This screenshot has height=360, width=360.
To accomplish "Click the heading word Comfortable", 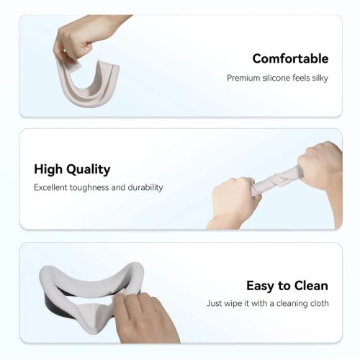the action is [x=290, y=58].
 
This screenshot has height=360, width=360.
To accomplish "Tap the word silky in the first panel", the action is [x=320, y=78].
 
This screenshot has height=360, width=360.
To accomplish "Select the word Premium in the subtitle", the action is [x=243, y=78].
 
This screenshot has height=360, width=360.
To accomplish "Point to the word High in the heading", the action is [x=48, y=169].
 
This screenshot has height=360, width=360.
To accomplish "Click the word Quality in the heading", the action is [x=89, y=169].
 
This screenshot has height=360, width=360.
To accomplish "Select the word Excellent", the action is [x=50, y=187].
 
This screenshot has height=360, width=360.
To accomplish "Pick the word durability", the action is [x=145, y=187].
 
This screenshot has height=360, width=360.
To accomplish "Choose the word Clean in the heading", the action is [x=311, y=286].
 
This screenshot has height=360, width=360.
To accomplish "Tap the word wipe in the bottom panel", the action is [x=233, y=304].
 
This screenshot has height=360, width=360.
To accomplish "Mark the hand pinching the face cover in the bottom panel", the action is [x=144, y=317].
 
